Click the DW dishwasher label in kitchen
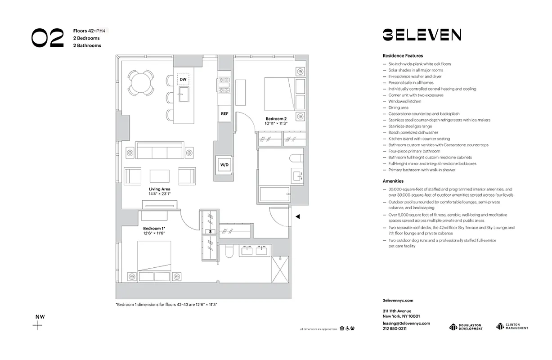pyautogui.click(x=183, y=80)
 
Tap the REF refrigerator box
pyautogui.click(x=224, y=114)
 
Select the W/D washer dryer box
pyautogui.click(x=224, y=165)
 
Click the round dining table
pyautogui.click(x=140, y=82)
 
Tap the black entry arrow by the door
pyautogui.click(x=297, y=217)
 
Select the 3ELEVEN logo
pyautogui.click(x=422, y=35)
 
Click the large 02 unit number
pyautogui.click(x=48, y=38)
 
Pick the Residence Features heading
pyautogui.click(x=403, y=56)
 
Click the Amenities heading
pyautogui.click(x=393, y=181)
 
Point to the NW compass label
pyautogui.click(x=40, y=317)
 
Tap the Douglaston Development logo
pyautogui.click(x=466, y=327)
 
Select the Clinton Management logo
pyautogui.click(x=512, y=327)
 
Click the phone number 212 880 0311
pyautogui.click(x=395, y=328)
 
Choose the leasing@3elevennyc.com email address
pyautogui.click(x=406, y=323)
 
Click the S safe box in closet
pyautogui.click(x=210, y=232)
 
